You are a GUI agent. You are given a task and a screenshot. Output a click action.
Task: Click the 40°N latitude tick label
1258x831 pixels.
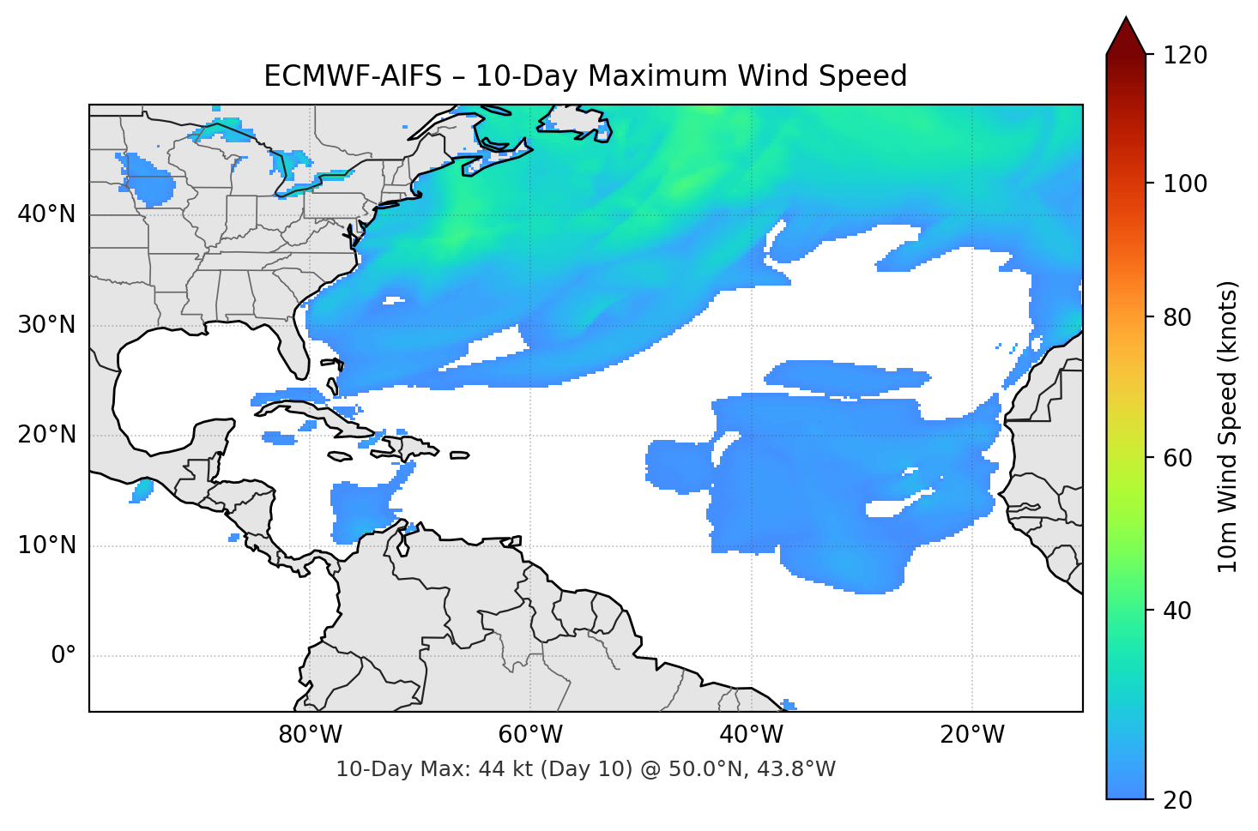(46, 214)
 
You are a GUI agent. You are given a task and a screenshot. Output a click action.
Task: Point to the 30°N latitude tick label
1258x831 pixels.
(46, 325)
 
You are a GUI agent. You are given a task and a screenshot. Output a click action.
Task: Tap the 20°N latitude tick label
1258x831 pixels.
(46, 435)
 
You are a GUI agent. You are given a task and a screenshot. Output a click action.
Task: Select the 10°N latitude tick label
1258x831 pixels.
(46, 545)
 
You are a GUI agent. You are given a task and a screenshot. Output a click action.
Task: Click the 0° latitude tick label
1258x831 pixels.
(64, 656)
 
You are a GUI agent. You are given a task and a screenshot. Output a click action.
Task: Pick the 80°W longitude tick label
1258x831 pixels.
(310, 735)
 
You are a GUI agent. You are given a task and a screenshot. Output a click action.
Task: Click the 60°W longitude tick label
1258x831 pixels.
(530, 735)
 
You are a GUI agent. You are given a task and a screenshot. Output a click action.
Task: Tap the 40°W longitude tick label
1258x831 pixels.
(751, 735)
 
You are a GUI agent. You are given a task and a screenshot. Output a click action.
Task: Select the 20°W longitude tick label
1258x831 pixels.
(972, 735)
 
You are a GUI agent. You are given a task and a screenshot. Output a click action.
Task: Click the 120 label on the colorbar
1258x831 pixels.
(1185, 56)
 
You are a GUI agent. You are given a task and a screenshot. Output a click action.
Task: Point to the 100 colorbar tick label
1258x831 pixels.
(1185, 184)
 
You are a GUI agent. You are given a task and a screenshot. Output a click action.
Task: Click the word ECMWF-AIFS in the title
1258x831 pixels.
(352, 76)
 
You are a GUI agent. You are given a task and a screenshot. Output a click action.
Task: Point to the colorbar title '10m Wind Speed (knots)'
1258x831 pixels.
(1228, 427)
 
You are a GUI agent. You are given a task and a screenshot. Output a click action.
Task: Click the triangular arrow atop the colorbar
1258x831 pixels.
(1126, 36)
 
